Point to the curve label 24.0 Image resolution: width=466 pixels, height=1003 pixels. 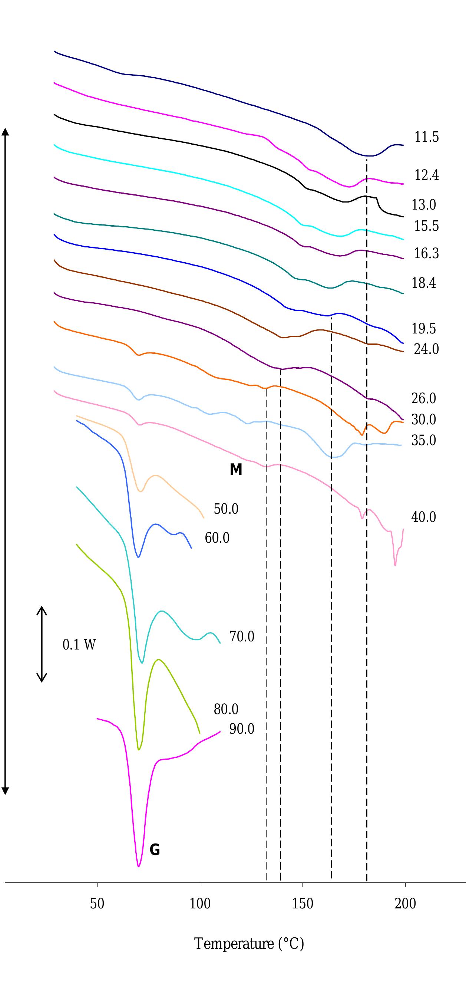point(426,349)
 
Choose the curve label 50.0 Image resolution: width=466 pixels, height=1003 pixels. point(226,509)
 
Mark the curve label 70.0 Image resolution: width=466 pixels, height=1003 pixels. point(241,637)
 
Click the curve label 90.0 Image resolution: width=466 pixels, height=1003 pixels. point(241,729)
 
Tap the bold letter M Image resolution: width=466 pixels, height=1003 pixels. point(236,470)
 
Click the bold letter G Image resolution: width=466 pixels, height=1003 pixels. point(155,849)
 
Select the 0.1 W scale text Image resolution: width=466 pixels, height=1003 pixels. point(79,645)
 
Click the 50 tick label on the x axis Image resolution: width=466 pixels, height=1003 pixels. point(97,903)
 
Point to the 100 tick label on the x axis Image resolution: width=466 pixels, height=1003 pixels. point(200,903)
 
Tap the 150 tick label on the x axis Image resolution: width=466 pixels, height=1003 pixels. point(303,903)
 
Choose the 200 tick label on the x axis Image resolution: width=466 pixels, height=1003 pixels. point(405,903)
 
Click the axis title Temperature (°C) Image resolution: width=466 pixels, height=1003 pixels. point(249,944)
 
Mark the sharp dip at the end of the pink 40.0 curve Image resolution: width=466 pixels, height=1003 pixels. point(395,565)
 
